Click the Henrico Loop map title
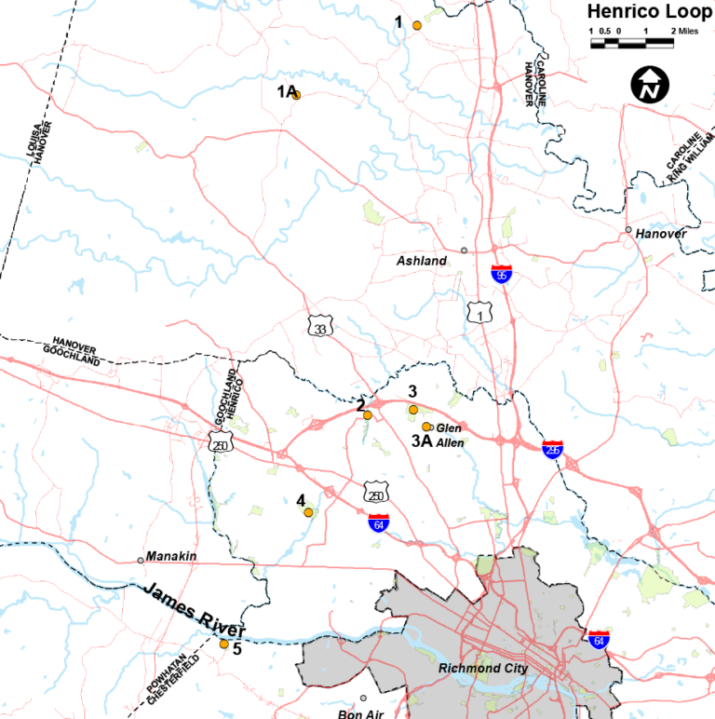(642, 11)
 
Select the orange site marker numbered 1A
(296, 94)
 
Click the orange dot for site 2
(368, 414)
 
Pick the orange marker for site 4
(308, 512)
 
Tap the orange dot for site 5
(223, 644)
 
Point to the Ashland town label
(422, 261)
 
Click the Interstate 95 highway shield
(501, 274)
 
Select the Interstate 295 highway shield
(553, 449)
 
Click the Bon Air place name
(359, 713)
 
